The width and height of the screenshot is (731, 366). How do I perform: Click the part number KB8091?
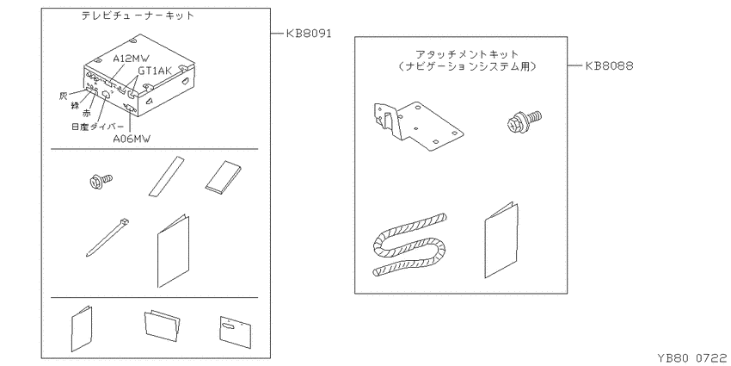tap(308, 34)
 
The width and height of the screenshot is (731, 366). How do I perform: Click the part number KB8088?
tap(609, 65)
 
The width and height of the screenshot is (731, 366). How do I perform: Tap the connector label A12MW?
tap(132, 59)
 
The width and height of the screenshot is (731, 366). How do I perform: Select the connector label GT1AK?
tap(156, 71)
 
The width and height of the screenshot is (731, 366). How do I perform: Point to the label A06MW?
tap(132, 138)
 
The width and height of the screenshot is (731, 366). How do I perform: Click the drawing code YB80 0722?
tap(691, 358)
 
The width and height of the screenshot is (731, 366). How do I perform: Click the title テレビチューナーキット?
tap(138, 16)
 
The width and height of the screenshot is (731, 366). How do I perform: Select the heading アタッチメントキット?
tap(467, 54)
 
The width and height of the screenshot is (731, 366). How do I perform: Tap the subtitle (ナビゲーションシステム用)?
tap(467, 67)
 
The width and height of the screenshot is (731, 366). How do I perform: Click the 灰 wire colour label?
tap(64, 96)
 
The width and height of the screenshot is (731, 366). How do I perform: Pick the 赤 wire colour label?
tap(86, 114)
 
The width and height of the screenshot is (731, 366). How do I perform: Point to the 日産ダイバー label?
tap(98, 127)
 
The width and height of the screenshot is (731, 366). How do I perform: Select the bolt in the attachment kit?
tap(524, 119)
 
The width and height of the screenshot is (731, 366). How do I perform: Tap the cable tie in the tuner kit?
tap(107, 237)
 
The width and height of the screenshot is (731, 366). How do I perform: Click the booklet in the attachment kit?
tap(501, 240)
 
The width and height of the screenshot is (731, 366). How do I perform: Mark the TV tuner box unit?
tap(138, 75)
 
